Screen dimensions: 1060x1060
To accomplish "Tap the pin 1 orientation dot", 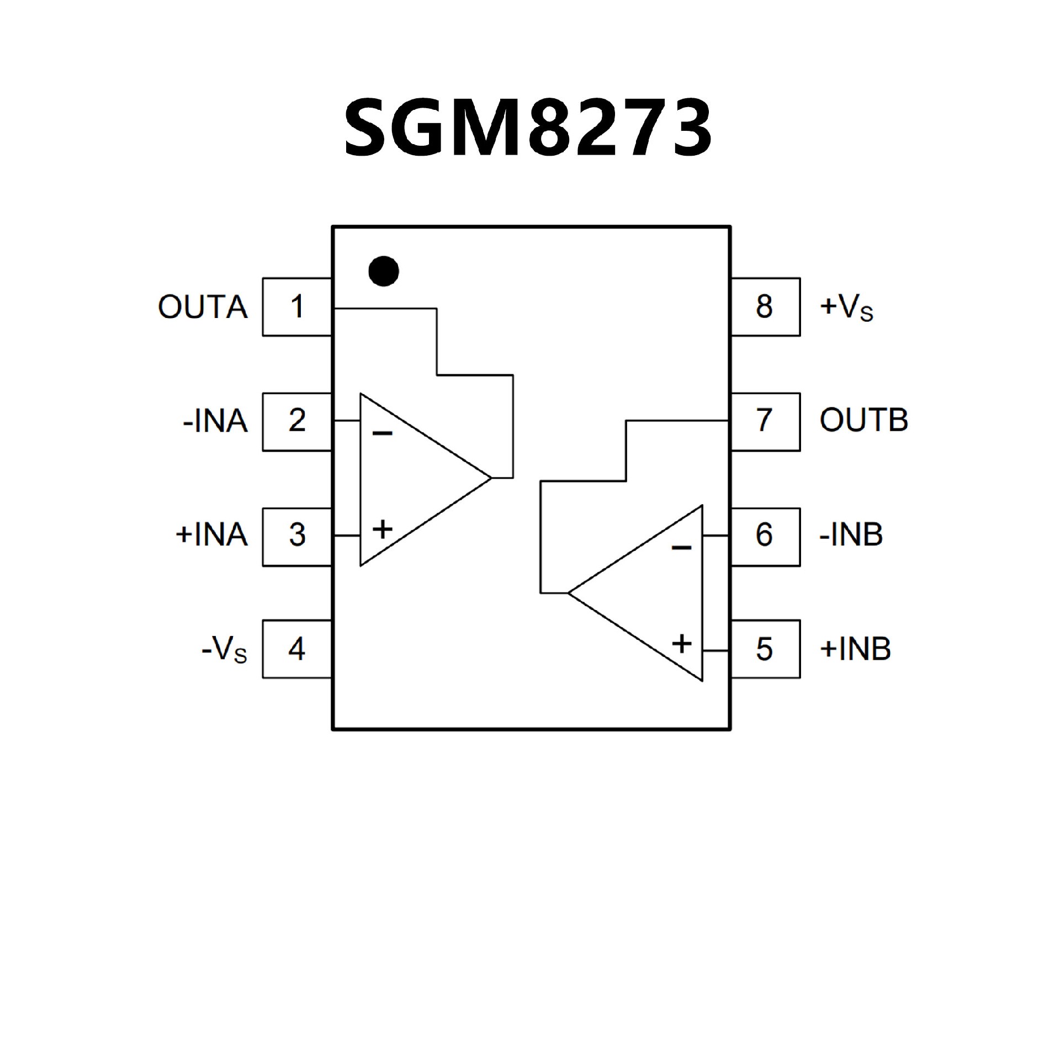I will point(384,271).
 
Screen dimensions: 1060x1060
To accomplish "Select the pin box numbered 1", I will point(297,307).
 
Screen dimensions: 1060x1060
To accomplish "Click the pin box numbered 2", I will point(297,422).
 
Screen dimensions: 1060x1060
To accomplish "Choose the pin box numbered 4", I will point(297,649).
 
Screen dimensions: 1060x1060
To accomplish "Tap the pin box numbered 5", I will point(765,649).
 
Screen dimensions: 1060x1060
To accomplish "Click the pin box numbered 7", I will point(765,422).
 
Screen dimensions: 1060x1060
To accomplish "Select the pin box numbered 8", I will point(765,307).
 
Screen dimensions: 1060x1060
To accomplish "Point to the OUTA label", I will point(203,308).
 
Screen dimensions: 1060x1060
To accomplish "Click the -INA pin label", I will point(215,422).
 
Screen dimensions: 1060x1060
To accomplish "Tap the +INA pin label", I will point(211,536).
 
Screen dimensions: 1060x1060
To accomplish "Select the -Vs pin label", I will point(224,650).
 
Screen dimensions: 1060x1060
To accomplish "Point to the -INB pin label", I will point(851,536).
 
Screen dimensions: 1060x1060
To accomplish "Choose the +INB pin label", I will point(855,649).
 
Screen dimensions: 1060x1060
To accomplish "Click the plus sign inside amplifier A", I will point(382,529).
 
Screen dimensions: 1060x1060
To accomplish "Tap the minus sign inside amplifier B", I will point(682,548).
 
